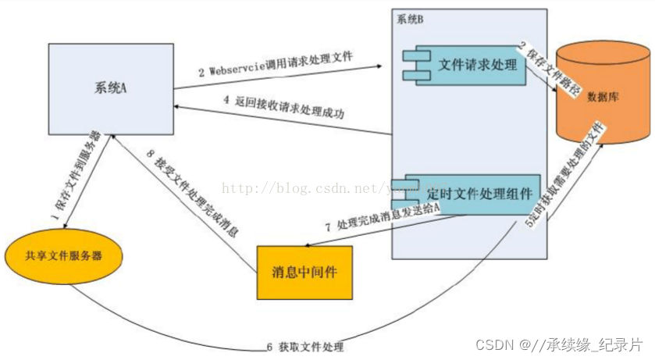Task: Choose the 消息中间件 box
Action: tap(305, 273)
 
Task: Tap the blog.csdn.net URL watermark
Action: tap(312, 187)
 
